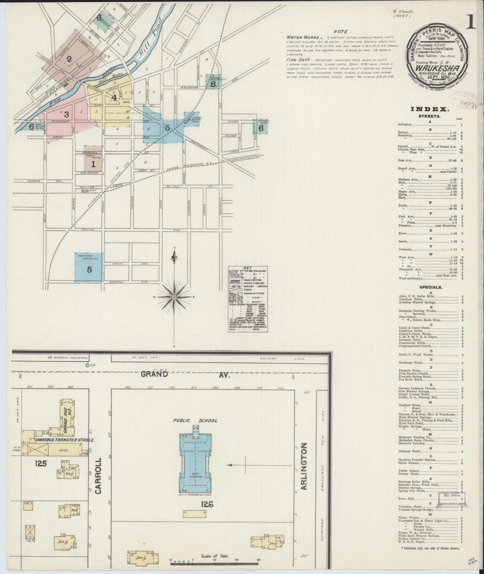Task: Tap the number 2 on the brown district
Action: tap(69, 59)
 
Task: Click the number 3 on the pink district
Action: tap(66, 114)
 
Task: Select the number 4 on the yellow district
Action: tap(114, 97)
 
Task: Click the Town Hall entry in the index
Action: tap(407, 499)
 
